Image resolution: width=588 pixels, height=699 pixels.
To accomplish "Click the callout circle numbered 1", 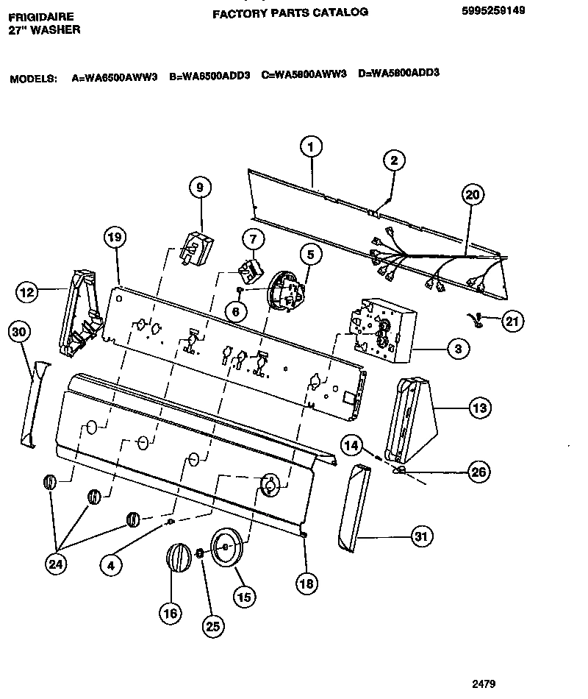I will (310, 147).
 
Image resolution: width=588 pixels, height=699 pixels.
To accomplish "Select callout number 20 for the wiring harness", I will (472, 195).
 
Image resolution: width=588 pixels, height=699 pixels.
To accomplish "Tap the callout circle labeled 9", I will (198, 188).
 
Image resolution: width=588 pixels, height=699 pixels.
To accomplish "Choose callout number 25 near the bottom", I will (213, 626).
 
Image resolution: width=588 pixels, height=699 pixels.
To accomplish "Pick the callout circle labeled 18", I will (307, 583).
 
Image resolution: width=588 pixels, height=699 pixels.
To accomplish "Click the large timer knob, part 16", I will (176, 564).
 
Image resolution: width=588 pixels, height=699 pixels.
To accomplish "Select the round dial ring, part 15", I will (227, 548).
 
